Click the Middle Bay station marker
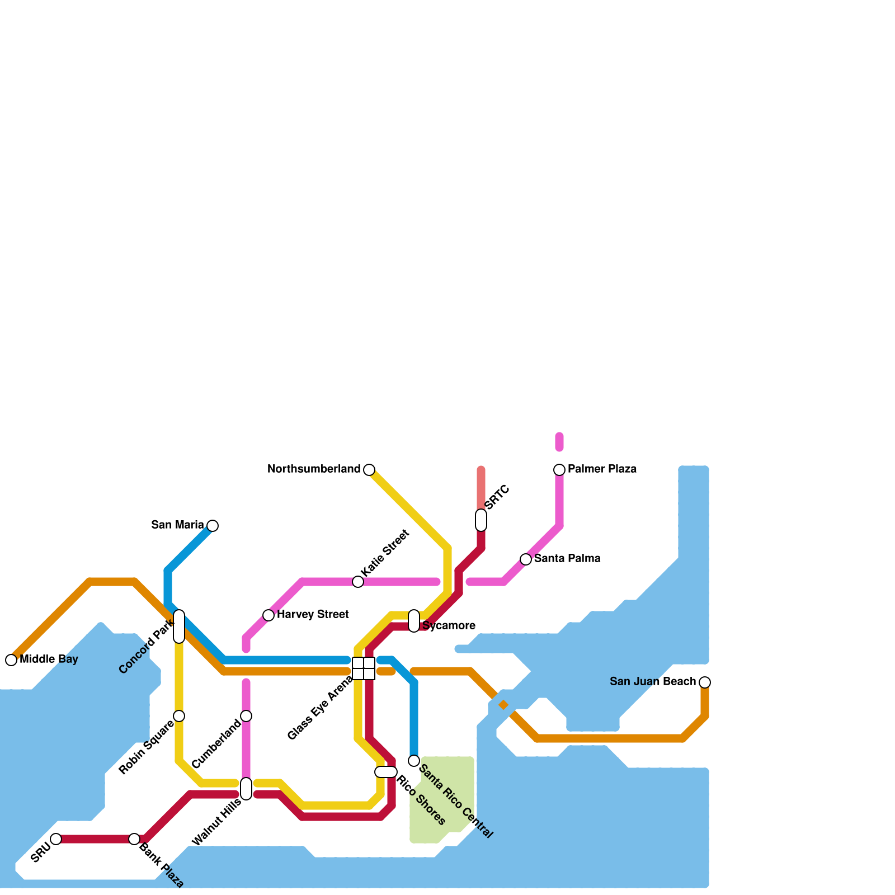pos(11,660)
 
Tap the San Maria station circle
pos(213,526)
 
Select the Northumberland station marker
pos(369,470)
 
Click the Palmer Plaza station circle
pos(559,470)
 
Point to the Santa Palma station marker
pos(526,559)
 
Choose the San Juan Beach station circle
pos(705,682)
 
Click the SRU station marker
pos(56,839)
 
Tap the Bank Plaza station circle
pos(134,839)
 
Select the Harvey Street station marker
pos(268,615)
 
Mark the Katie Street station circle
pos(358,582)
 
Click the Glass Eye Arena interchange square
pos(364,668)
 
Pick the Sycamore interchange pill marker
pos(414,621)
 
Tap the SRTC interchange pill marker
pos(481,520)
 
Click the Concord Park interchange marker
pos(179,626)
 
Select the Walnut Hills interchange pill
pos(246,789)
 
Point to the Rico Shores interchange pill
pos(386,772)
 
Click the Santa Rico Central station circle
pos(414,761)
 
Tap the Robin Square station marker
pos(179,716)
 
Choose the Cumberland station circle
pos(246,716)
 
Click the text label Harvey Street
pos(313,615)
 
